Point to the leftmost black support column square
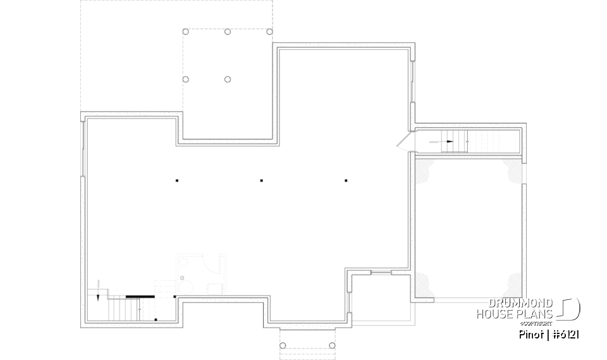pos(178,181)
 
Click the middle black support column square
pos(262,181)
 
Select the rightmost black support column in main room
pos(346,181)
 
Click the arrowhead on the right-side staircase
pos(450,142)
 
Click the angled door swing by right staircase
pos(403,140)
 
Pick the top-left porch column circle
pos(185,32)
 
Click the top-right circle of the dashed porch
pos(269,32)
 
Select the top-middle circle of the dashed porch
pos(228,32)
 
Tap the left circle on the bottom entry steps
pos(283,345)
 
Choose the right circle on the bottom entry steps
pos(329,345)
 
